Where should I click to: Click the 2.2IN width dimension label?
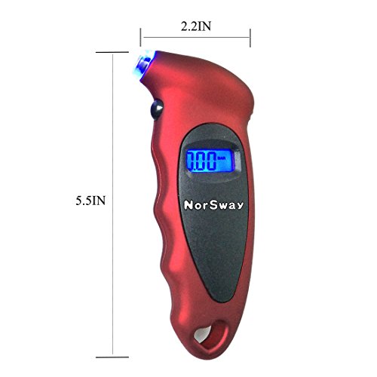(x=196, y=26)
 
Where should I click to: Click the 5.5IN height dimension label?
(x=90, y=201)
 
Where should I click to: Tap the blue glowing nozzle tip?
(x=143, y=66)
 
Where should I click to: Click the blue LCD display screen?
(x=209, y=161)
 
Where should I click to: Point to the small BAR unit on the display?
(x=221, y=158)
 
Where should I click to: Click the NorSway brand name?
(x=213, y=205)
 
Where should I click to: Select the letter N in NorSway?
(x=188, y=205)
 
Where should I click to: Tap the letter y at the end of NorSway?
(x=240, y=207)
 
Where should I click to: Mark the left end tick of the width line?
(x=141, y=37)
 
